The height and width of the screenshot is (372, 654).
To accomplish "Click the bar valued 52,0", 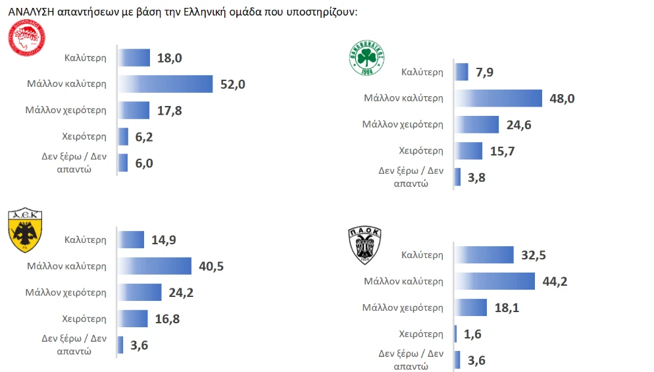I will [x=166, y=84].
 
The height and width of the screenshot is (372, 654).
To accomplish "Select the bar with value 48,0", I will [x=499, y=98].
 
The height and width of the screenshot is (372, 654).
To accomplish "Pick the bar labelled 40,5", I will [x=154, y=266].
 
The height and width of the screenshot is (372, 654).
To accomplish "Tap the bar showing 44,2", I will [x=494, y=281].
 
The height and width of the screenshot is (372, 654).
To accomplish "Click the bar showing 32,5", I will [x=484, y=255].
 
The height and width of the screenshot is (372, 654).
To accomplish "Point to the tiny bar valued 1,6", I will [x=455, y=333].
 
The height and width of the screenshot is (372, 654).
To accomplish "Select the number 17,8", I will [x=169, y=110].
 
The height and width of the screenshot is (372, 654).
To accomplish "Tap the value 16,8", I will [x=167, y=319].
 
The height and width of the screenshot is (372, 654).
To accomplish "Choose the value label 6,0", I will [x=144, y=163].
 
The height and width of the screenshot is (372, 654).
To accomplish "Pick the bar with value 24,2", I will [x=140, y=292].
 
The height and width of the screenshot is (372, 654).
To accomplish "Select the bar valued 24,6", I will [x=477, y=124].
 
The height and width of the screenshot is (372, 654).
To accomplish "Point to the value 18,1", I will [x=507, y=307].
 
